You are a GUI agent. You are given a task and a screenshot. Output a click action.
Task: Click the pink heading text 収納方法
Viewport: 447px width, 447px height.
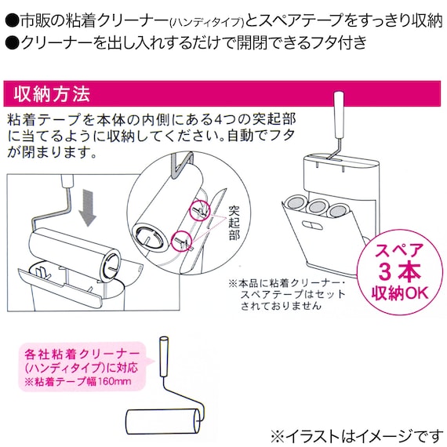pos(53,96)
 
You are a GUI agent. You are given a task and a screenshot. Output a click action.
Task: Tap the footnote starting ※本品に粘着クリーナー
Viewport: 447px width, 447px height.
pos(287,294)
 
